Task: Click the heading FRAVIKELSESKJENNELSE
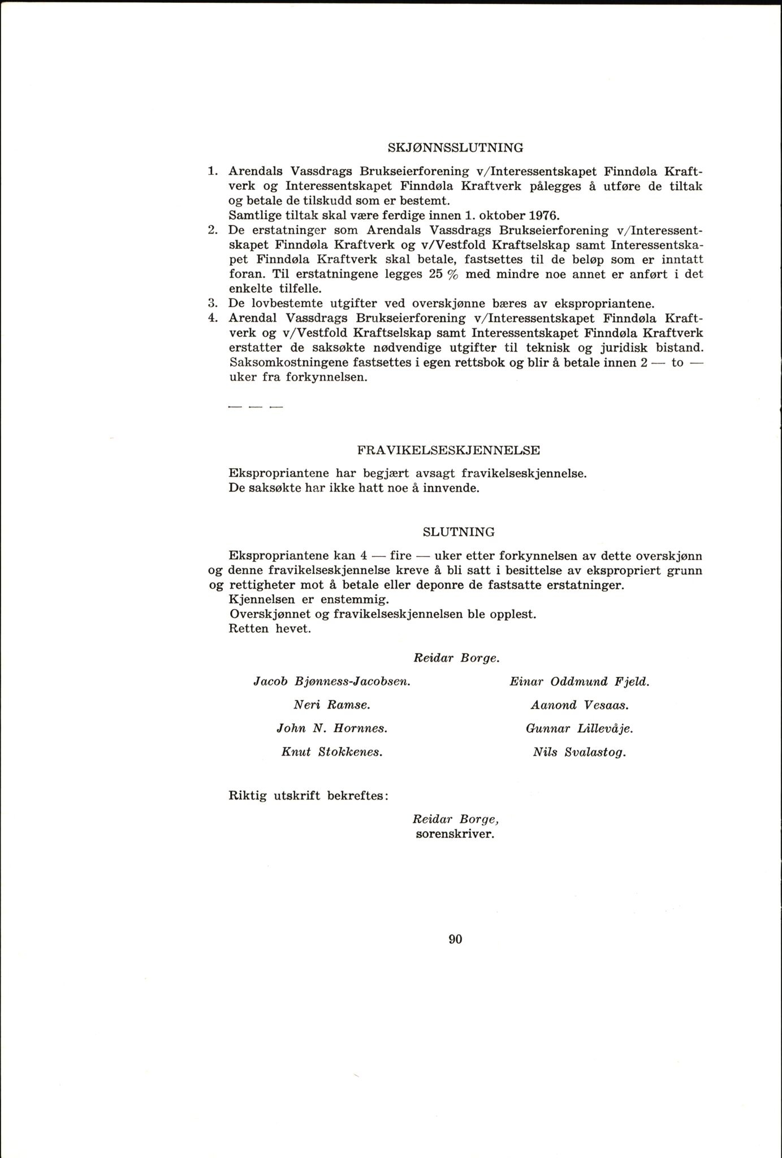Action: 448,451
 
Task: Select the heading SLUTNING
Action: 459,532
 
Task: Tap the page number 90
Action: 455,939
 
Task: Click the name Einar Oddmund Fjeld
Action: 580,682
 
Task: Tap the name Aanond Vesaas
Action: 580,705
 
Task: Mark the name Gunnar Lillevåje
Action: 579,729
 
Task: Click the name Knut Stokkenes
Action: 332,753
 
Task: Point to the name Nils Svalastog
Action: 579,753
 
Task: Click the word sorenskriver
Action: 455,834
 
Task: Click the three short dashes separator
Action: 254,407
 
